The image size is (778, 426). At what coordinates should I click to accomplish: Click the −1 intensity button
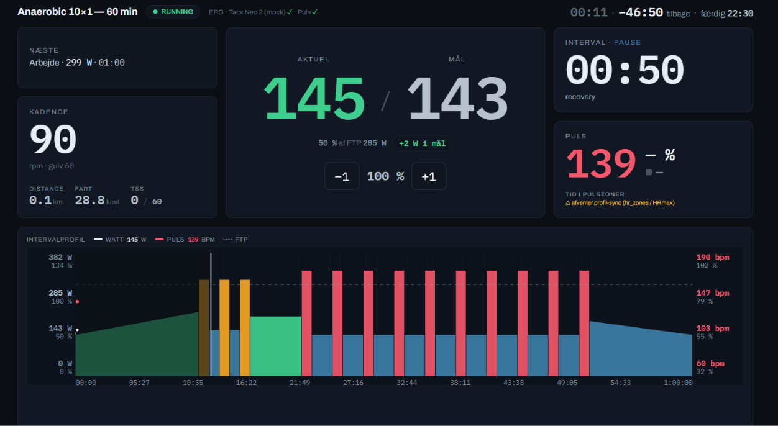tap(342, 176)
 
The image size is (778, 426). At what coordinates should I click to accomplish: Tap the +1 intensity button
tap(429, 176)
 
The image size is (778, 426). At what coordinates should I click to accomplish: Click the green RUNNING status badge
tap(173, 12)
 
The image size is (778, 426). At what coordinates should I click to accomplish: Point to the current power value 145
tap(314, 99)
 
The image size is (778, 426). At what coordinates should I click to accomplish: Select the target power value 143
tap(457, 99)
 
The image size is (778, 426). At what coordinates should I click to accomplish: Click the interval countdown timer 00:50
tap(625, 70)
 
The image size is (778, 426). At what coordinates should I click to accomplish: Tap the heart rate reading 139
tap(601, 163)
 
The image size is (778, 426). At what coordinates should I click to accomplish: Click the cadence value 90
tap(53, 139)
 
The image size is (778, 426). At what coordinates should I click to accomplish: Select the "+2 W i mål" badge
tap(422, 143)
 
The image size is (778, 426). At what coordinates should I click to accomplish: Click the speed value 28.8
tap(90, 201)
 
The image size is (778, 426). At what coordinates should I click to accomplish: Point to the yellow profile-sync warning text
tap(620, 203)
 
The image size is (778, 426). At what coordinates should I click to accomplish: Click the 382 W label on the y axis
tap(60, 257)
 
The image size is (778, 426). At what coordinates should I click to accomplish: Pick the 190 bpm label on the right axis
tap(713, 257)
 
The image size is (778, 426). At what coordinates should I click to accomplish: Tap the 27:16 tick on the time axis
tap(353, 383)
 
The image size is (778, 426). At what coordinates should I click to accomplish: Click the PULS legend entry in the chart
tap(185, 240)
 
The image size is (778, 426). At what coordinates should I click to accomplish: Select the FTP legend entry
tap(235, 240)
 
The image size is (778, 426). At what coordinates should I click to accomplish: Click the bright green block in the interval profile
tap(276, 346)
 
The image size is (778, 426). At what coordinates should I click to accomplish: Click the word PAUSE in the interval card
tap(627, 42)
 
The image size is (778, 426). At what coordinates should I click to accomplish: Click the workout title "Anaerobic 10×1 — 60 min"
tap(78, 12)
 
